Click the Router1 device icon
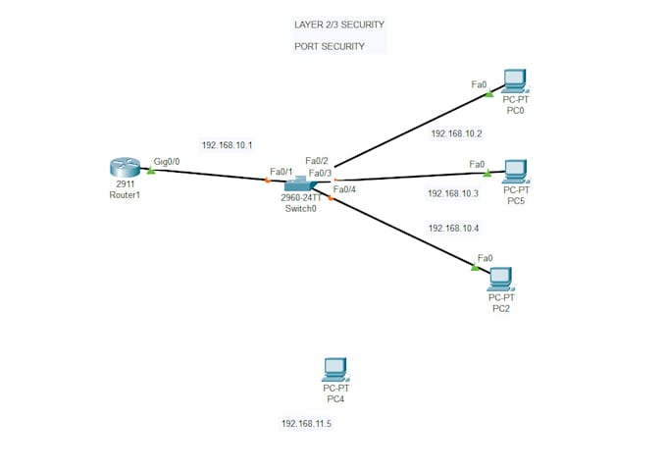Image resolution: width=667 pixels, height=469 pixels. [x=127, y=168]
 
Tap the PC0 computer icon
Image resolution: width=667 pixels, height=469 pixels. [x=513, y=79]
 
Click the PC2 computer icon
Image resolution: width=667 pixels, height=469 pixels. [x=501, y=278]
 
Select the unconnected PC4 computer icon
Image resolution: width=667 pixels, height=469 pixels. [x=335, y=370]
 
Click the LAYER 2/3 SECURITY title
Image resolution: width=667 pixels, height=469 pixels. [x=339, y=24]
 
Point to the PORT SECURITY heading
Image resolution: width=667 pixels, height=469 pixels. [x=330, y=46]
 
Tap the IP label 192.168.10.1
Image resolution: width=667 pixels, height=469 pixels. [x=227, y=145]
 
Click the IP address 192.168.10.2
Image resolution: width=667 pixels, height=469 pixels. [x=456, y=132]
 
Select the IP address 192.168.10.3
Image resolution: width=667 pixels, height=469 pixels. [x=453, y=194]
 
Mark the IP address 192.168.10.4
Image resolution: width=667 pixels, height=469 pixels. [x=453, y=228]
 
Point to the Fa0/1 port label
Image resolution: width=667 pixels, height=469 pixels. [x=281, y=172]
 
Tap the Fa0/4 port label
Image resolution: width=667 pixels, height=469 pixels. [x=346, y=189]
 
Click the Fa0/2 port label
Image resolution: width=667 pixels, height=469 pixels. [x=316, y=161]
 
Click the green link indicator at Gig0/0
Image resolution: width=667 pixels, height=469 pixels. [x=151, y=169]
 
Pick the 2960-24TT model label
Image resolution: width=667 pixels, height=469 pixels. [x=300, y=197]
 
